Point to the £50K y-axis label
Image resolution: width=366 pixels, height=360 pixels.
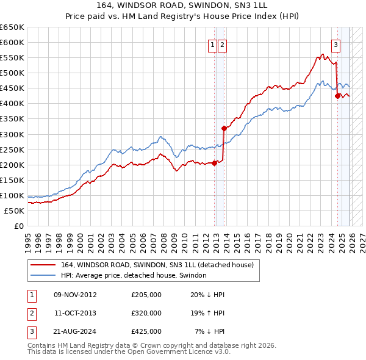pos(15,211)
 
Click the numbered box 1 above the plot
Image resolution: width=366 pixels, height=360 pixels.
pos(212,44)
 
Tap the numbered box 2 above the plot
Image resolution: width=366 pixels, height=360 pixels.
pos(222,44)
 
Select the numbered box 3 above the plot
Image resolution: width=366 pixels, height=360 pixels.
pos(335,44)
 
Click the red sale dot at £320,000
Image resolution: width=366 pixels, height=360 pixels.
pos(224,128)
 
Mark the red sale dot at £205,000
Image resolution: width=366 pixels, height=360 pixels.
pos(215,163)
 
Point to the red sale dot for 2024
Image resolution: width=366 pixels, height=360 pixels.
pos(337,95)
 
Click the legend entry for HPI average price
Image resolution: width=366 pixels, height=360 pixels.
pos(134,275)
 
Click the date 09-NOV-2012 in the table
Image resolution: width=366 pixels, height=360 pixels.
pos(76,295)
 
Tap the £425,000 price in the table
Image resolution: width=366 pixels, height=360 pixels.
pos(146,331)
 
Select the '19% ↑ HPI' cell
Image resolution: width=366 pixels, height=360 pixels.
pos(207,313)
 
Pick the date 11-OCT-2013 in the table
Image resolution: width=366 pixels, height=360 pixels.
pos(76,313)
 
